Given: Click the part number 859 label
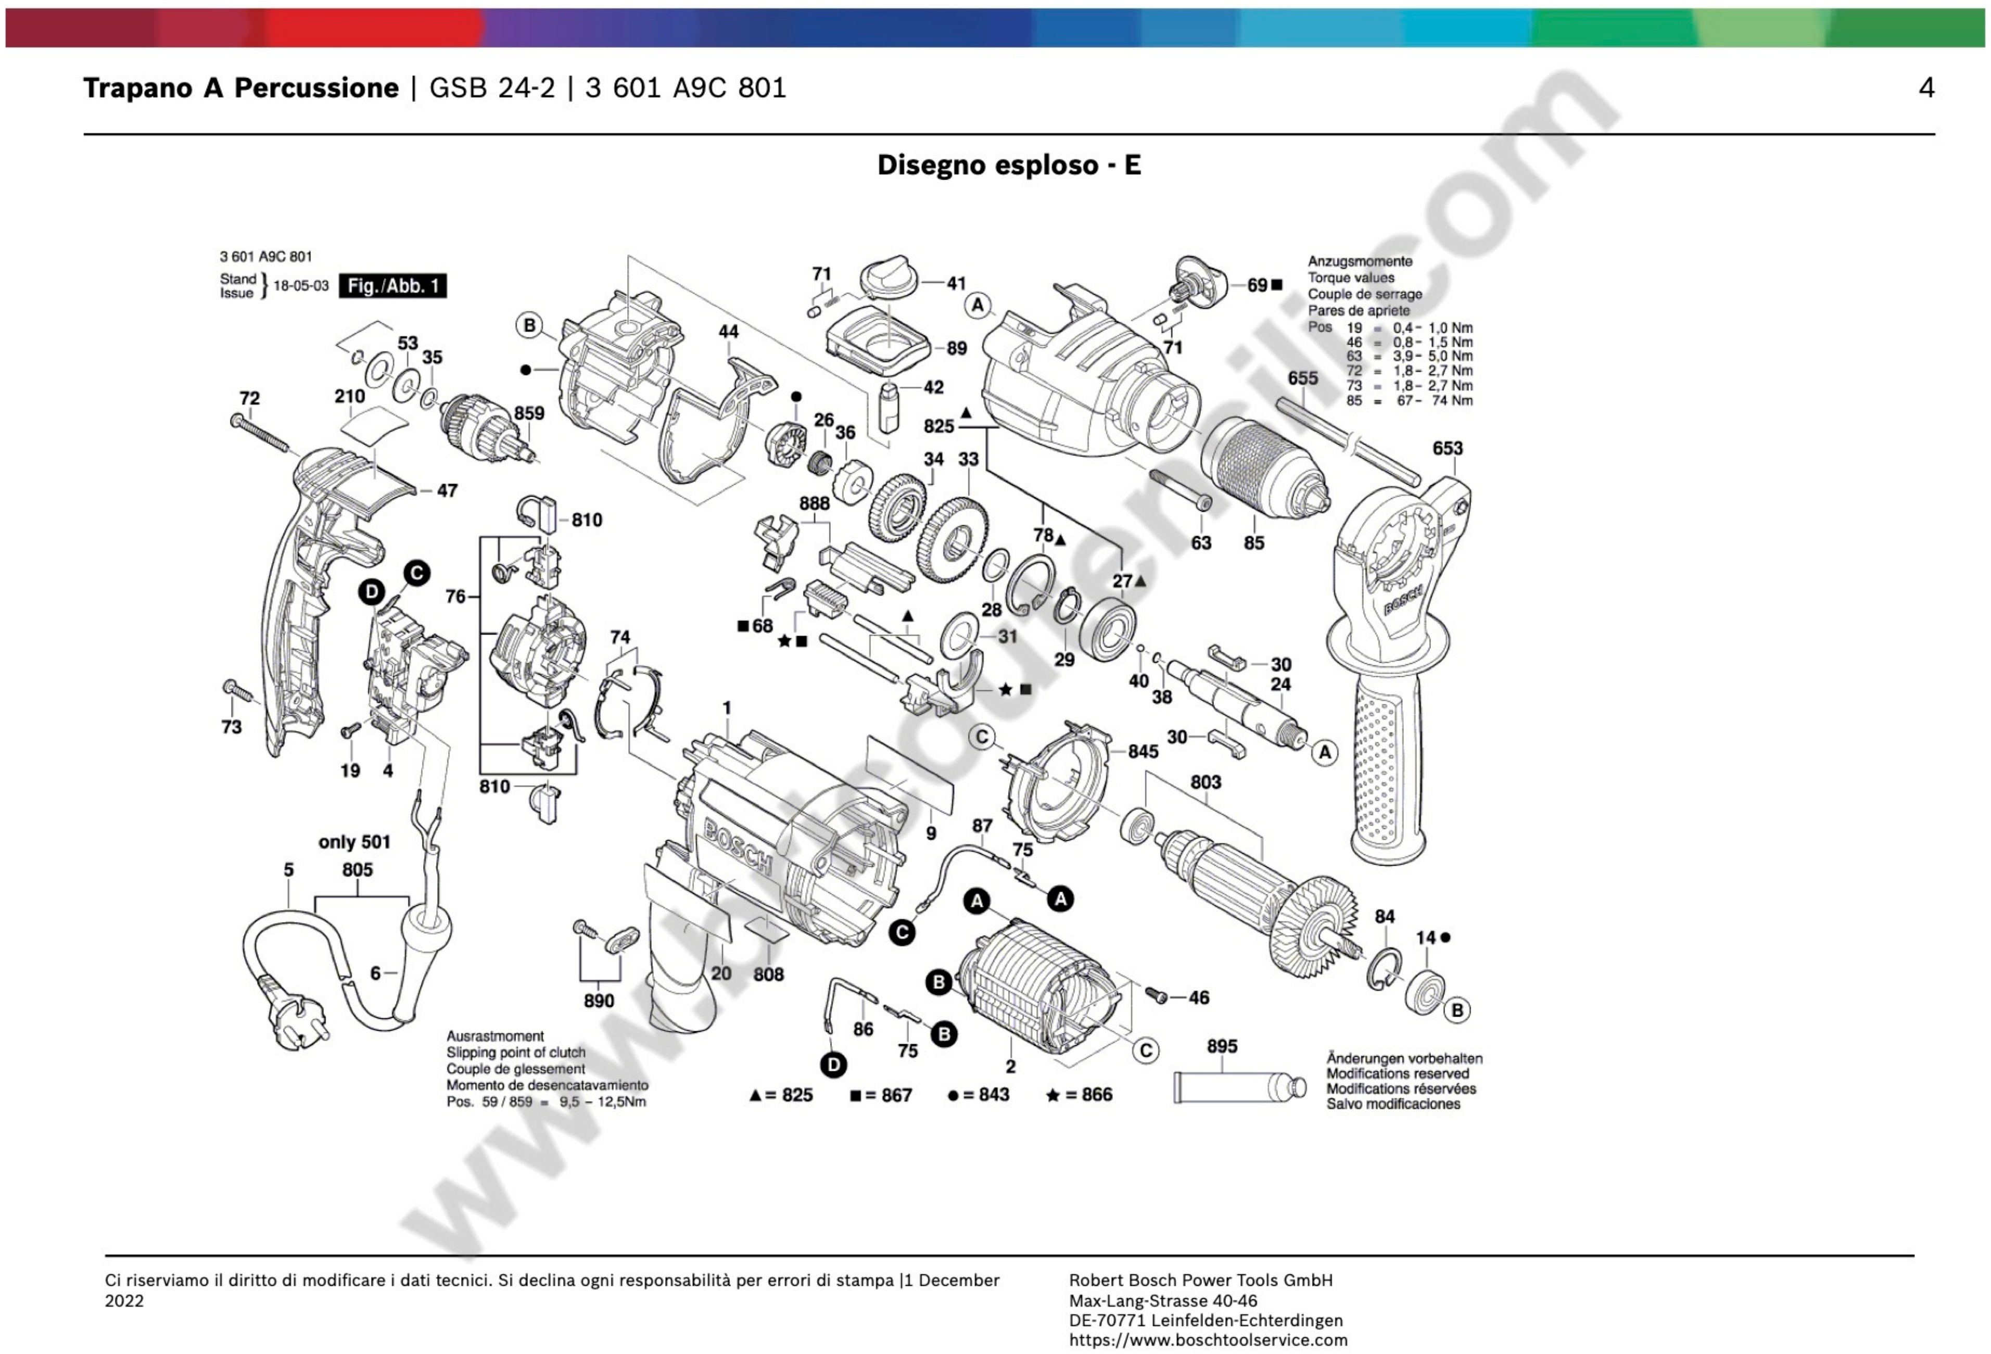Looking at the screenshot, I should click(529, 413).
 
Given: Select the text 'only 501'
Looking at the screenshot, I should click(354, 842).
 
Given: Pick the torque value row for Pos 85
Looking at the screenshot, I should click(1409, 400).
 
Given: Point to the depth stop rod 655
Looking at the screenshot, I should click(1345, 441).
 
